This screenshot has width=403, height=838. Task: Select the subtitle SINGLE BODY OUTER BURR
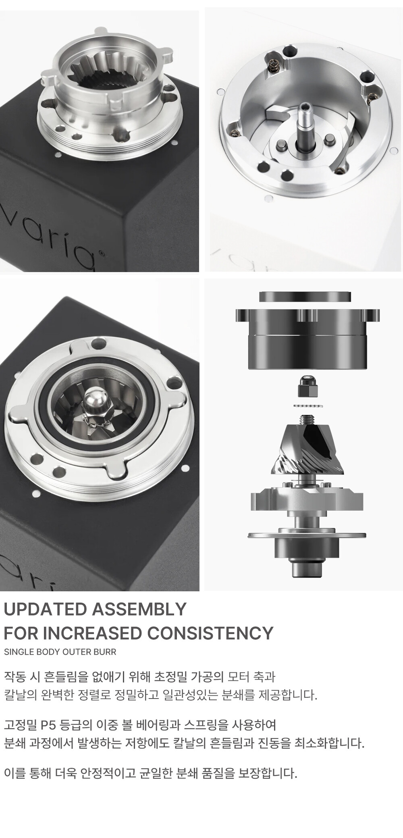pyautogui.click(x=60, y=652)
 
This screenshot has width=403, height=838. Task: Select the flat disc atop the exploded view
pyautogui.click(x=305, y=296)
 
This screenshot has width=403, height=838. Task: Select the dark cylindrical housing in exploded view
pyautogui.click(x=307, y=339)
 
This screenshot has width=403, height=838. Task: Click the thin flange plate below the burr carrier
pyautogui.click(x=307, y=536)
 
